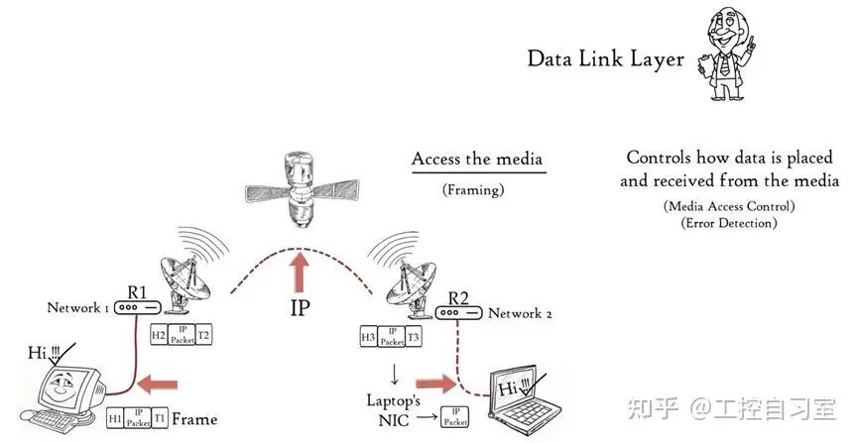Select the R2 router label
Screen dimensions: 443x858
[458, 297]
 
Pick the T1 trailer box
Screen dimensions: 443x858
[160, 418]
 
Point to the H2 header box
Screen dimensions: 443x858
[159, 336]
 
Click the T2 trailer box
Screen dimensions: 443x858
[203, 336]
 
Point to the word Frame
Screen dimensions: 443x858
[194, 418]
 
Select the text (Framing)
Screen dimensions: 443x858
[478, 188]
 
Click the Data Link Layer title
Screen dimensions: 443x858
[606, 59]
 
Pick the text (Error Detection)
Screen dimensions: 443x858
[729, 223]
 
